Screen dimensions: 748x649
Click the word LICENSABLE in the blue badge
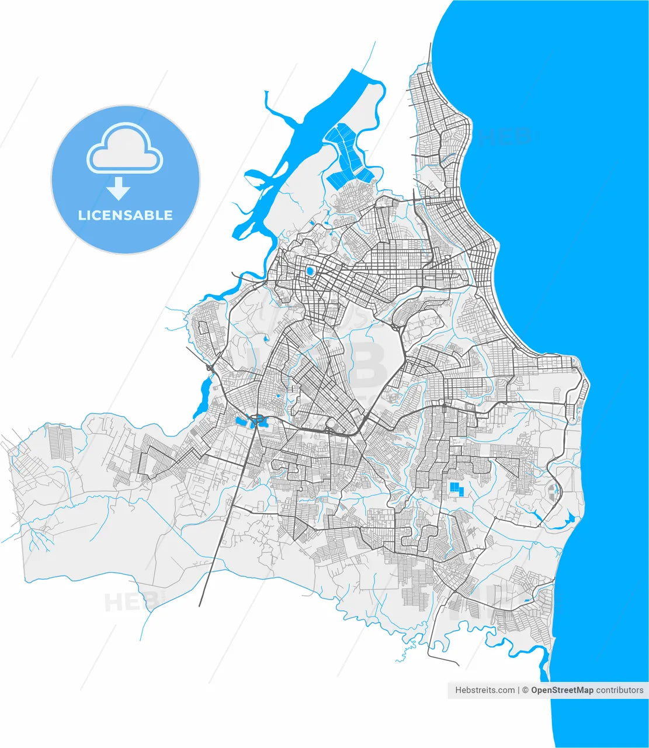tap(125, 215)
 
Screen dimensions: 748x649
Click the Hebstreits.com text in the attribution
tap(485, 690)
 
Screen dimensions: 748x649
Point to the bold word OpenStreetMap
tap(562, 690)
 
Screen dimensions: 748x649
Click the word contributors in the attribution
tap(620, 690)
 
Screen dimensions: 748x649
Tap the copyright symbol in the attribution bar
tap(526, 690)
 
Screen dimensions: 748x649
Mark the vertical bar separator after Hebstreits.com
tap(519, 690)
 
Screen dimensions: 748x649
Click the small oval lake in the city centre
tap(310, 271)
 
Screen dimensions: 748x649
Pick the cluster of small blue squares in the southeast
tap(456, 489)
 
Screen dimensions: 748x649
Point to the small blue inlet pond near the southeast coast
tap(569, 518)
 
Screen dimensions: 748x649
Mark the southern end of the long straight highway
tap(200, 605)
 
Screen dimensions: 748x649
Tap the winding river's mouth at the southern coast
tap(547, 666)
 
